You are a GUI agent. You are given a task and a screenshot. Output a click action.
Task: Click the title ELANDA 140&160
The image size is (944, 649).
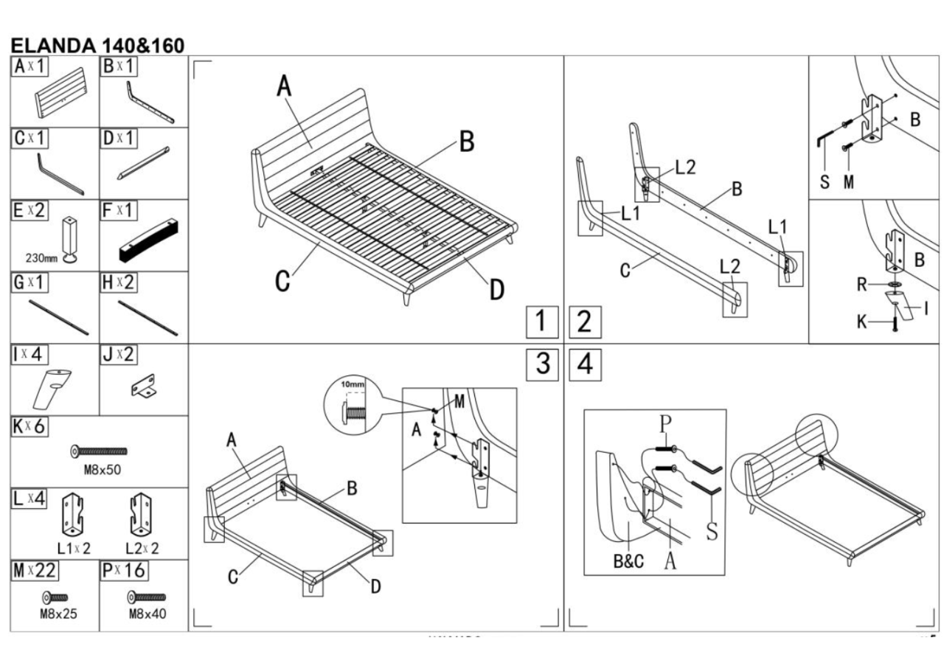pos(97,46)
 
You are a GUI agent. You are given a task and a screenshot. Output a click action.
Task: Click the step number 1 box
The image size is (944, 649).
pos(541,322)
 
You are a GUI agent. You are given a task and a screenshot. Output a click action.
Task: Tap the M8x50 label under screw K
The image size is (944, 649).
pos(98,471)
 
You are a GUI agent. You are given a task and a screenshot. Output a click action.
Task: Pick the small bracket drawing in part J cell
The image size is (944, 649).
pos(145,386)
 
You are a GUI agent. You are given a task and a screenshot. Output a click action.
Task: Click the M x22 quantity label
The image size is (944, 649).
pos(34,571)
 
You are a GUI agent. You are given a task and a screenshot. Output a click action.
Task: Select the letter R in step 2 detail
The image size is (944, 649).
pos(861,285)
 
